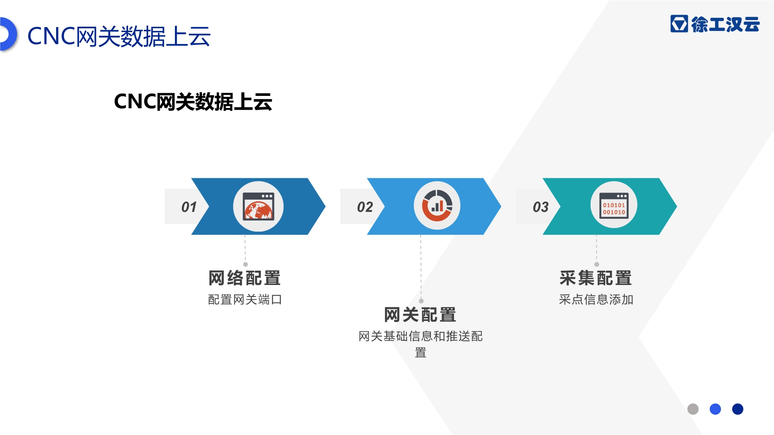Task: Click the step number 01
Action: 189,207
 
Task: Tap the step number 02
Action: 365,207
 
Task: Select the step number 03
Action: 541,207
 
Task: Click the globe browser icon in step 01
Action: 258,206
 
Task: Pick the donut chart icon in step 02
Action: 437,205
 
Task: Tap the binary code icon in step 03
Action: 614,205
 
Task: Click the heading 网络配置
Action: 245,278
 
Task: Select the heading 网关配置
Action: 420,315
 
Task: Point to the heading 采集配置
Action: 596,278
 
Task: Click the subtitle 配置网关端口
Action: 245,300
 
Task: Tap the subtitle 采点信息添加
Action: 596,300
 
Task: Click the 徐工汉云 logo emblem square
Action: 679,24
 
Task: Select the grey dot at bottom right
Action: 693,409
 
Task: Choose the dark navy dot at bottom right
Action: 738,409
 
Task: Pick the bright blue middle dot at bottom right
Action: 715,409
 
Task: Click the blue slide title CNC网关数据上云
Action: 119,36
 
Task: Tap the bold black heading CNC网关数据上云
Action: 193,102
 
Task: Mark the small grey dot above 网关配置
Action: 421,301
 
